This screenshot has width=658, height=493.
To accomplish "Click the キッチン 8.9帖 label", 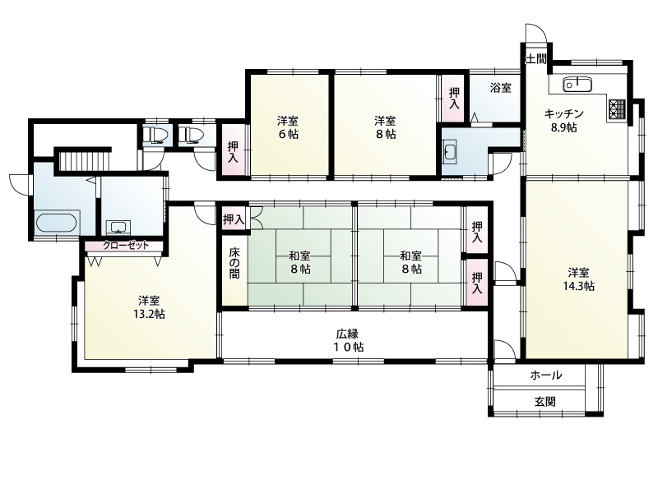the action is tap(563, 120).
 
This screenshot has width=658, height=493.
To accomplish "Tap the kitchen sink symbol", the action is tap(577, 85).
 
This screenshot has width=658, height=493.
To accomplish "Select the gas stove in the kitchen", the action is tap(617, 109).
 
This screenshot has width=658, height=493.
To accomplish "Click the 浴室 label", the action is tap(501, 88).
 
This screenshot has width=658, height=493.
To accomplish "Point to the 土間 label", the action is tap(536, 58).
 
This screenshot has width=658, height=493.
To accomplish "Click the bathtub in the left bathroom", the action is tap(57, 222).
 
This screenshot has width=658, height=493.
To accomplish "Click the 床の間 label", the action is tap(234, 263).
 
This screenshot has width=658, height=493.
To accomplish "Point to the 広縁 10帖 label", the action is tap(350, 340).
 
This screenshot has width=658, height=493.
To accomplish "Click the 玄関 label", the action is tap(545, 402).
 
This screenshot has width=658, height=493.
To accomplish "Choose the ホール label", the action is tap(545, 376).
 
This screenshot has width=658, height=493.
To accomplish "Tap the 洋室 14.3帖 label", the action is tap(579, 279).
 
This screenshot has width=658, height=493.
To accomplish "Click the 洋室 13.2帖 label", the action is tap(149, 307).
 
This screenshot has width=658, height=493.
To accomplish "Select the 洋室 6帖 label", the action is tap(288, 127).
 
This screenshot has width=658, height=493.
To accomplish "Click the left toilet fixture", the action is tap(155, 135).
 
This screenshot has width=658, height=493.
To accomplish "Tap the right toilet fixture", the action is tap(191, 135).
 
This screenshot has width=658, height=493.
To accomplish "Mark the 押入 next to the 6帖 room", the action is tap(233, 152).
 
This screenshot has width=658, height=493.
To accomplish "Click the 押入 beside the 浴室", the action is tap(454, 98).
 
